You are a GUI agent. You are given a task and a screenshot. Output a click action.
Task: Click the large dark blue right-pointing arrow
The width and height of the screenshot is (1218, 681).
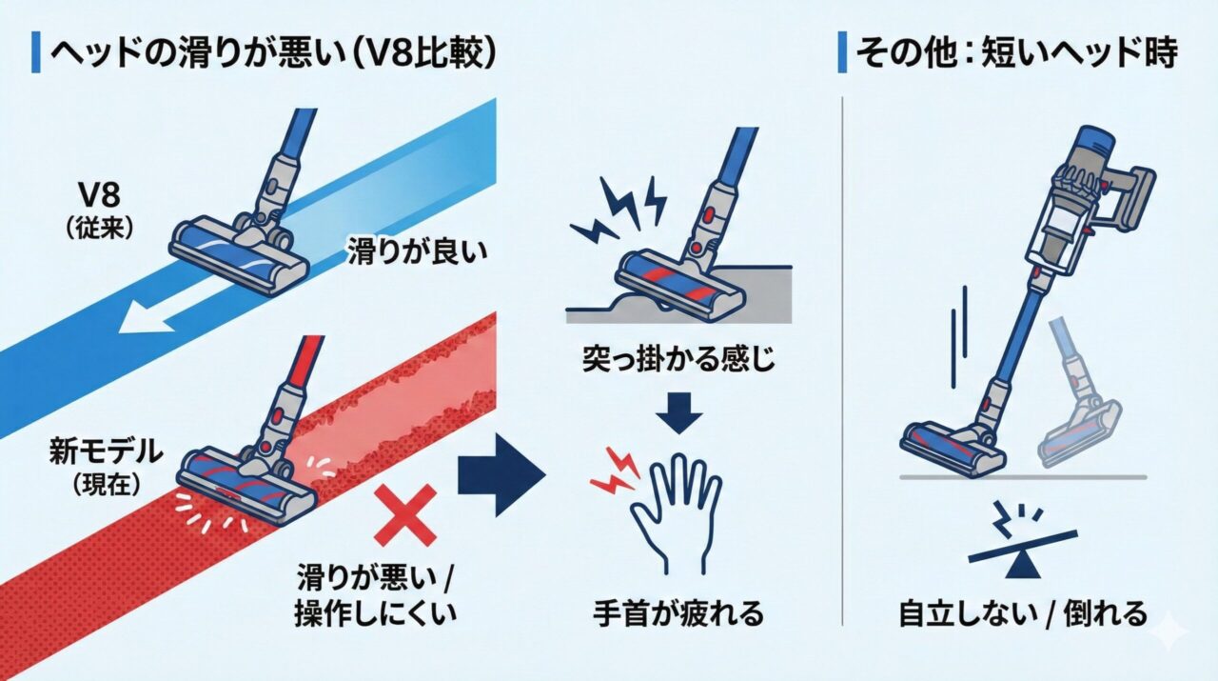500,473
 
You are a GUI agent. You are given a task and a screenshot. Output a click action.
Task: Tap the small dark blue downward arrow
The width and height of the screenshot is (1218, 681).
679,415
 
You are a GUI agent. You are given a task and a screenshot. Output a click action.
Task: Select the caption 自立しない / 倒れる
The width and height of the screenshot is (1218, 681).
1023,613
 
